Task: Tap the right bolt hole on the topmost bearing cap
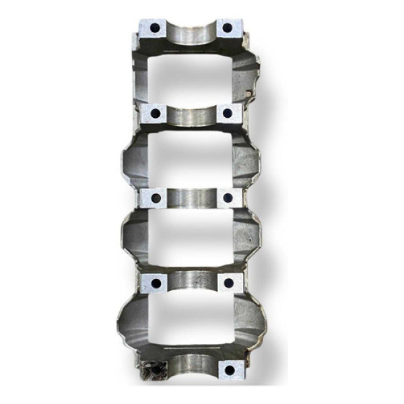click(x=227, y=28)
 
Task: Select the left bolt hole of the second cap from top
click(x=156, y=114)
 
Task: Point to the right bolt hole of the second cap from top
click(x=228, y=113)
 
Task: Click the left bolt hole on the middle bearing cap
click(x=156, y=198)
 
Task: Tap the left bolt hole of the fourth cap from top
click(x=156, y=282)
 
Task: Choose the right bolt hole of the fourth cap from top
click(x=228, y=282)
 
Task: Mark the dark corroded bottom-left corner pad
click(x=153, y=370)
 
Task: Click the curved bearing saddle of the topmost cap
click(x=191, y=34)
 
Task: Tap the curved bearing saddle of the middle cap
click(x=191, y=199)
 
